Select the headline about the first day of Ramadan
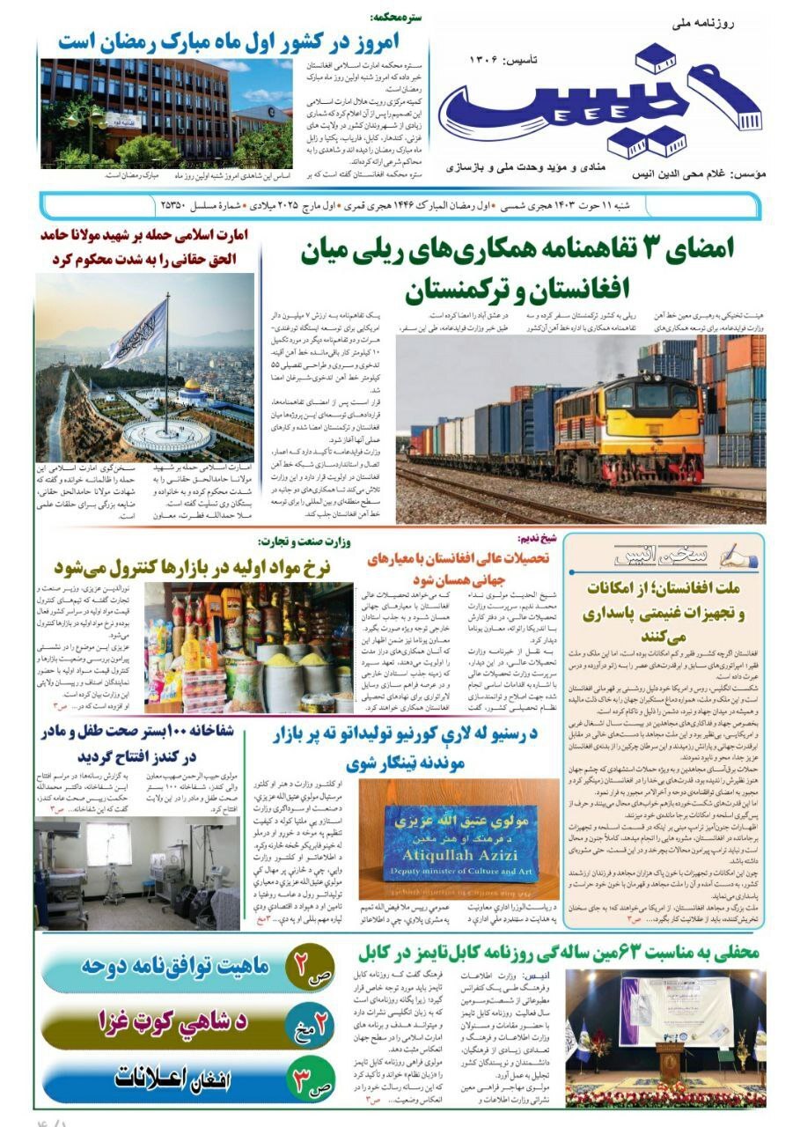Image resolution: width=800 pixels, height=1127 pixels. pyautogui.click(x=234, y=41)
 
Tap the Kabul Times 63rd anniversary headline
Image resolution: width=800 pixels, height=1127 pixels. pyautogui.click(x=558, y=952)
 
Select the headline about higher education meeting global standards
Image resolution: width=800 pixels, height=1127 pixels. pyautogui.click(x=458, y=568)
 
